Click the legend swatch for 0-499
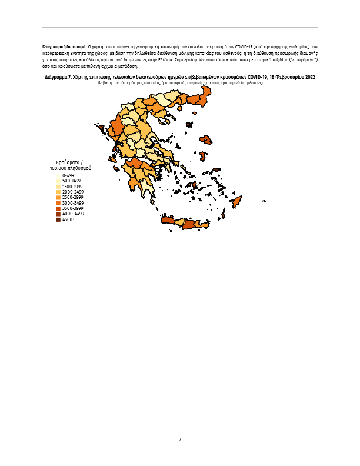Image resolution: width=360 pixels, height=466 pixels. [x=59, y=175]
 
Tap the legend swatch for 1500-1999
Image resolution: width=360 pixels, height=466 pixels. [x=59, y=187]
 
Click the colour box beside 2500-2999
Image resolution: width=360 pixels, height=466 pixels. [x=59, y=198]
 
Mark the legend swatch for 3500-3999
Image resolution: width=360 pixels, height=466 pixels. [x=59, y=208]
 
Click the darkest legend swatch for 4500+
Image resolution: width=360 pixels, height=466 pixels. [x=59, y=219]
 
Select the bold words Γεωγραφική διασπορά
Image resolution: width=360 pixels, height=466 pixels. [x=64, y=45]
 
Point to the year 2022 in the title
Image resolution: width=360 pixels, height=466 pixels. [x=309, y=78]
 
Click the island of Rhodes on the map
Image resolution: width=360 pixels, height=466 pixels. [x=238, y=202]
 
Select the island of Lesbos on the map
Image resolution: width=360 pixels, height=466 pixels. [x=206, y=141]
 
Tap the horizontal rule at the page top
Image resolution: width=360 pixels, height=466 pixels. [x=180, y=28]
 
